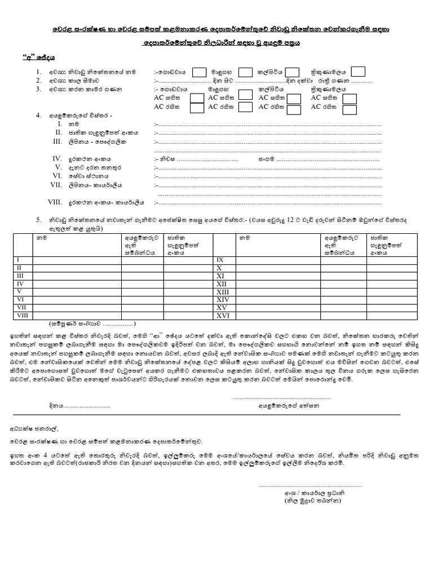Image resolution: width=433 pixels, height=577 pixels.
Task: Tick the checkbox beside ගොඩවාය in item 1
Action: tap(199, 72)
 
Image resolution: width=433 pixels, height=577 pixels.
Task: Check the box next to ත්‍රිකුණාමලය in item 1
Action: tap(358, 72)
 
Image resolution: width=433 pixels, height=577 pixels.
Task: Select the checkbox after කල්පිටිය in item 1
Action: tap(292, 72)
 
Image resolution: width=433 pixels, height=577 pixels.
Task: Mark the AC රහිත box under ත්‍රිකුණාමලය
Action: tap(350, 107)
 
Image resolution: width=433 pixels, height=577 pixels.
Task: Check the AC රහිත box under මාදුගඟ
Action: tap(245, 107)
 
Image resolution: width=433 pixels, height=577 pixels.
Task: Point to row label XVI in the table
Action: tap(220, 315)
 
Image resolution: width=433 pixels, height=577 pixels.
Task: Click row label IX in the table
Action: tap(220, 260)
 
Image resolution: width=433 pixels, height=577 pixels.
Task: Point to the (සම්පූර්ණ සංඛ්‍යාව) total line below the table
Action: tap(91, 324)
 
